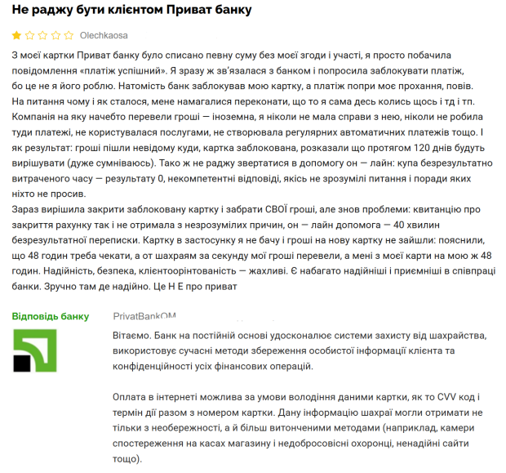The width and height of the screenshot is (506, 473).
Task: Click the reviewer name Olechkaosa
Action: pos(104,36)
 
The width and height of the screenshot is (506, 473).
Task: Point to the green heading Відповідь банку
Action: pos(51,315)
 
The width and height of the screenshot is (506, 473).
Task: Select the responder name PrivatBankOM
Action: pos(144,315)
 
